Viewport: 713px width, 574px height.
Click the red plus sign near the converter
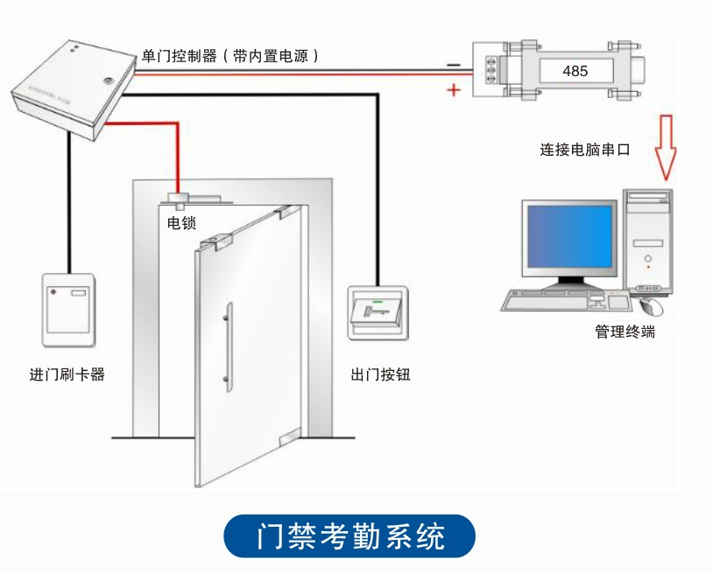[x=453, y=89]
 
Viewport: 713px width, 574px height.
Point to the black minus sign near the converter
[x=453, y=64]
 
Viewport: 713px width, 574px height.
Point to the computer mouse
[x=652, y=306]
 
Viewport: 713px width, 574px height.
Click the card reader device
[x=69, y=308]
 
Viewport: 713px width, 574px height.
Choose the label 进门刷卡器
[x=67, y=374]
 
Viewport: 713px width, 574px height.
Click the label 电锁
[x=181, y=224]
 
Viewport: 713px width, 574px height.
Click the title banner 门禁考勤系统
[x=350, y=536]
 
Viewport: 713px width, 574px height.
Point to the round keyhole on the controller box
[x=109, y=80]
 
